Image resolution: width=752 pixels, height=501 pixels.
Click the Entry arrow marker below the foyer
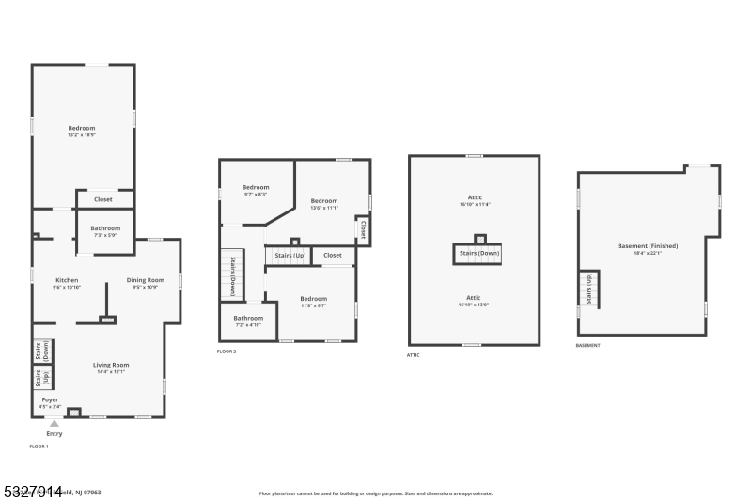tap(55, 424)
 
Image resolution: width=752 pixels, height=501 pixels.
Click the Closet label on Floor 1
tap(103, 199)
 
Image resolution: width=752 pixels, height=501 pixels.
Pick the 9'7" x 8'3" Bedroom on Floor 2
tap(256, 189)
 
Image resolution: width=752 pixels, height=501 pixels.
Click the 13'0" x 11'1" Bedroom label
tap(324, 202)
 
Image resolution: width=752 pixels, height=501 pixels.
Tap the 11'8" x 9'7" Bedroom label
tap(313, 301)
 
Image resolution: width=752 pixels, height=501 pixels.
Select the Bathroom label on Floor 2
tap(248, 320)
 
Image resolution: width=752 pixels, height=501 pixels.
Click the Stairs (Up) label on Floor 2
tap(290, 255)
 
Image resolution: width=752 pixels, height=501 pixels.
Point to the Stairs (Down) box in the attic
tap(479, 254)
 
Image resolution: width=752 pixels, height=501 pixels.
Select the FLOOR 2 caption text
tap(227, 352)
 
